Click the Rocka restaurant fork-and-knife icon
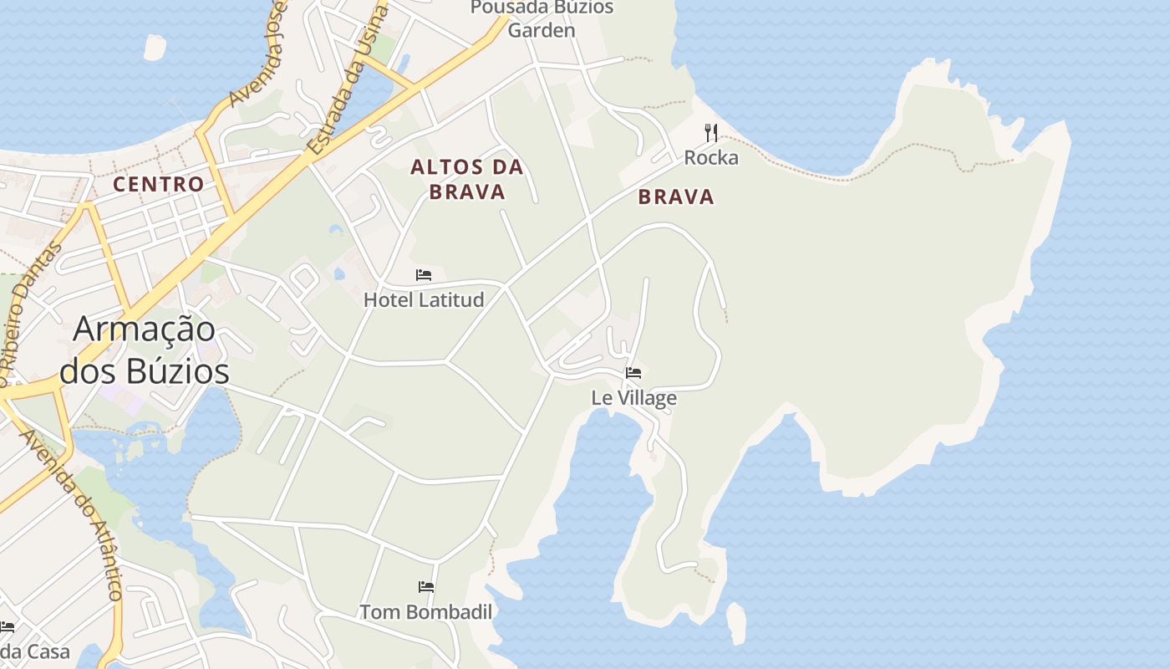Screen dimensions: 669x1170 pyautogui.click(x=711, y=133)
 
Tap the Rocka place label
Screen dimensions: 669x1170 pyautogui.click(x=711, y=157)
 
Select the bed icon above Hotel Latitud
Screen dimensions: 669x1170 pyautogui.click(x=424, y=275)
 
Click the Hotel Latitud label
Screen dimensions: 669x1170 pyautogui.click(x=424, y=299)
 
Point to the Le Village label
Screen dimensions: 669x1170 pyautogui.click(x=633, y=398)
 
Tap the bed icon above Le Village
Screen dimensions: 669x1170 pyautogui.click(x=633, y=373)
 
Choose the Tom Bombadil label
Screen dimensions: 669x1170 pyautogui.click(x=425, y=612)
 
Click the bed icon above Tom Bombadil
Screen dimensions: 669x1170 pyautogui.click(x=426, y=587)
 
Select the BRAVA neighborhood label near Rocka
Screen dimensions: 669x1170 pyautogui.click(x=676, y=197)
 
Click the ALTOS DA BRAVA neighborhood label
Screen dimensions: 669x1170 pyautogui.click(x=467, y=179)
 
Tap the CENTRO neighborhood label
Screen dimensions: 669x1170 pyautogui.click(x=159, y=184)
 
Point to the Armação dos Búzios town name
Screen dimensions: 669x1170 pyautogui.click(x=144, y=350)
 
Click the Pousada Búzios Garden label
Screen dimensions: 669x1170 pyautogui.click(x=542, y=18)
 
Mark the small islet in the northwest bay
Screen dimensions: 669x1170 pyautogui.click(x=155, y=48)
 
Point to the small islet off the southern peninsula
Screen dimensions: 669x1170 pyautogui.click(x=735, y=623)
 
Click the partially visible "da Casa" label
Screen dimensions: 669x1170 pyautogui.click(x=33, y=651)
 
